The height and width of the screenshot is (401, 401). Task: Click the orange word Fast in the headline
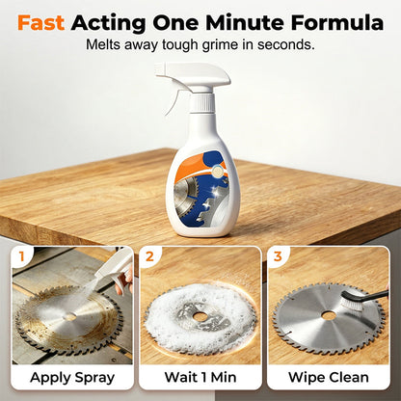click(40, 23)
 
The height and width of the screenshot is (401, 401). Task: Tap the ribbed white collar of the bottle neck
click(201, 102)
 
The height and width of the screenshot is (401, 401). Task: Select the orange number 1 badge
click(21, 256)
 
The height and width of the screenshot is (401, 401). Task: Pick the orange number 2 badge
click(149, 256)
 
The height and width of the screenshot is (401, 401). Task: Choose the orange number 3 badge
click(278, 256)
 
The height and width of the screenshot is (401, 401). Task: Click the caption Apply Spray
click(72, 378)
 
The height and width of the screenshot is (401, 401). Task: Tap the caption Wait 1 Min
click(200, 377)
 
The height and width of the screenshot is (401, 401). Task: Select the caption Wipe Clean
click(329, 377)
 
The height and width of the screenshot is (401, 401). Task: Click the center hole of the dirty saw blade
click(69, 317)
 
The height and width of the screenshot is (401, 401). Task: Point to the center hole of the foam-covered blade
click(200, 317)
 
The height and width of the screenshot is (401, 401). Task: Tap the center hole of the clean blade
click(329, 316)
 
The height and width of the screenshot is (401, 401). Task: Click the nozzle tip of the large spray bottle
click(157, 69)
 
